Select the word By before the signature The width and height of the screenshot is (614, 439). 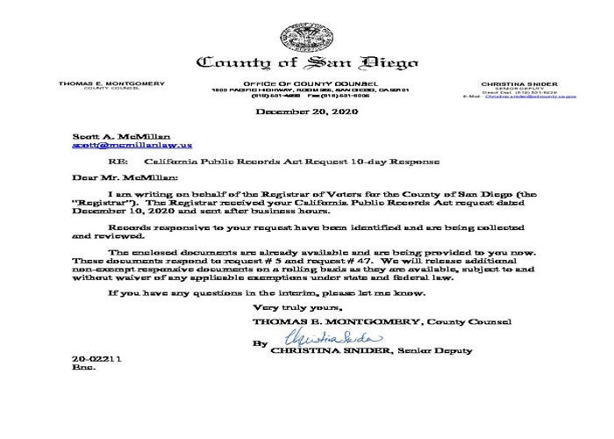[x=258, y=344]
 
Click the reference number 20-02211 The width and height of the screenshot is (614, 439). [x=90, y=360]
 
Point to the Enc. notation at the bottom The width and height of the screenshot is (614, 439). [x=81, y=369]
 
